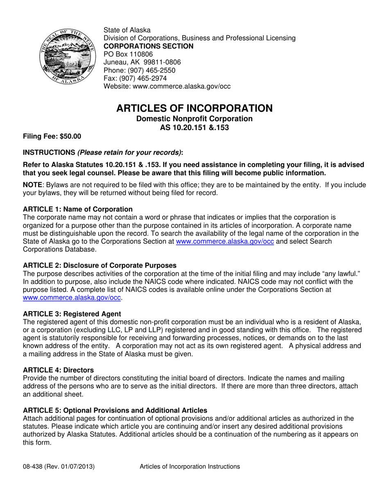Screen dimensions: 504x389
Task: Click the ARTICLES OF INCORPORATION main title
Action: pyautogui.click(x=194, y=108)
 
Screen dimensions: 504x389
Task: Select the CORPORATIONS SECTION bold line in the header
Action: pyautogui.click(x=148, y=46)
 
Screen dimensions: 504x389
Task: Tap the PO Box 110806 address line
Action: pyautogui.click(x=128, y=54)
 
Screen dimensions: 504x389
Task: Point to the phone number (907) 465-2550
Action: pyautogui.click(x=152, y=70)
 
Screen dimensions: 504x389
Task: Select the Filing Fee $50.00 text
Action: pyautogui.click(x=52, y=136)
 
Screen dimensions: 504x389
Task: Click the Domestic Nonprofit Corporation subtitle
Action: pyautogui.click(x=194, y=119)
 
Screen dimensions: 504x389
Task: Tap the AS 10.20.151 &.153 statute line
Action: pyautogui.click(x=194, y=127)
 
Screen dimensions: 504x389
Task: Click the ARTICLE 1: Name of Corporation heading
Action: pyautogui.click(x=78, y=209)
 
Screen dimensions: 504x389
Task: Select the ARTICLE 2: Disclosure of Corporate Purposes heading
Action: pyautogui.click(x=100, y=266)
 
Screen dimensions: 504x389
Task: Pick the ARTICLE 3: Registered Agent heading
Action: pyautogui.click(x=72, y=314)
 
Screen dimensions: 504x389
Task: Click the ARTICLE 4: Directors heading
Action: pyautogui.click(x=58, y=370)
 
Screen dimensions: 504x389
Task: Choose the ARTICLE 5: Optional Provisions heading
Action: pyautogui.click(x=115, y=411)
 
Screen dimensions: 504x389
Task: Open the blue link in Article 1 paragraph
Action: pyautogui.click(x=225, y=242)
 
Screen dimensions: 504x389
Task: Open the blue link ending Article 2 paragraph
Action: pyautogui.click(x=72, y=298)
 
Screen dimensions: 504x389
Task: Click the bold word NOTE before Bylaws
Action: pyautogui.click(x=32, y=185)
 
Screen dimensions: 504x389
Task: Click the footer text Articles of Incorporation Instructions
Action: pyautogui.click(x=190, y=467)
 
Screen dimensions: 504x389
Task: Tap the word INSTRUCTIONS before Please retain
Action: pyautogui.click(x=49, y=152)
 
